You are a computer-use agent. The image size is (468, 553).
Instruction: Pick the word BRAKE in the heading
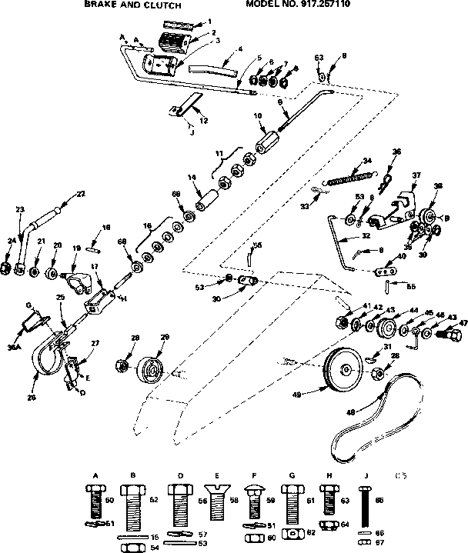point(99,5)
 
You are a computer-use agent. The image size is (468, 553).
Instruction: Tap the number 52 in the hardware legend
point(153,501)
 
